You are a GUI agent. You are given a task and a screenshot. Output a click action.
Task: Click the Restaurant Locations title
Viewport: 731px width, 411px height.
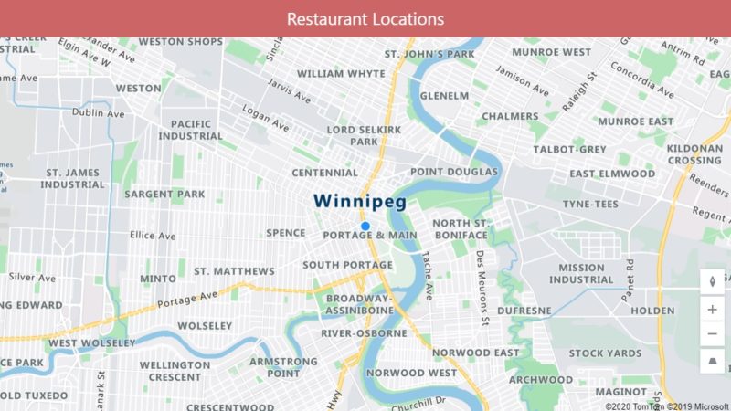pyautogui.click(x=365, y=18)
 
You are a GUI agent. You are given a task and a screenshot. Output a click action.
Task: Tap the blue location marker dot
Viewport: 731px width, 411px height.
pyautogui.click(x=365, y=226)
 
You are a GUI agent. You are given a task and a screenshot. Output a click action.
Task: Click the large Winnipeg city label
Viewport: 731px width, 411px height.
pyautogui.click(x=359, y=201)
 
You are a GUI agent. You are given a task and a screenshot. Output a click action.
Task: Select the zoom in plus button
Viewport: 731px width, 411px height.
pyautogui.click(x=712, y=309)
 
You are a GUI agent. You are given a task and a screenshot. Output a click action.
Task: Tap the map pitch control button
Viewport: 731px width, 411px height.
pyautogui.click(x=712, y=364)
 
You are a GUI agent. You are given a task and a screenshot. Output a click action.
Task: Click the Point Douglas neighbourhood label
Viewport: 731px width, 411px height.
pyautogui.click(x=454, y=172)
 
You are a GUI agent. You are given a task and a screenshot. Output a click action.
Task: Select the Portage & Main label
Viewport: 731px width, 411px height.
pyautogui.click(x=370, y=236)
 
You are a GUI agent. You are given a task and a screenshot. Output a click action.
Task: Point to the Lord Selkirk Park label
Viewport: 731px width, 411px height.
pyautogui.click(x=365, y=135)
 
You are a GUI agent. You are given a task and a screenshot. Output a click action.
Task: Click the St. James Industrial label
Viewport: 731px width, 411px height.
pyautogui.click(x=73, y=177)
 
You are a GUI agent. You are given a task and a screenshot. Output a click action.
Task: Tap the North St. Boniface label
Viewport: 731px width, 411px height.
pyautogui.click(x=461, y=229)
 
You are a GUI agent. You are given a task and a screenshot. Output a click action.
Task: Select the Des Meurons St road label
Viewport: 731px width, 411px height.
pyautogui.click(x=481, y=288)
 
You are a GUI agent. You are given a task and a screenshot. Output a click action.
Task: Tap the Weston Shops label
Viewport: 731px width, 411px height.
pyautogui.click(x=180, y=42)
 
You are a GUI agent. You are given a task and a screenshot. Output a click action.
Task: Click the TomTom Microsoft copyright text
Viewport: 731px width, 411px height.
pyautogui.click(x=667, y=406)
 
